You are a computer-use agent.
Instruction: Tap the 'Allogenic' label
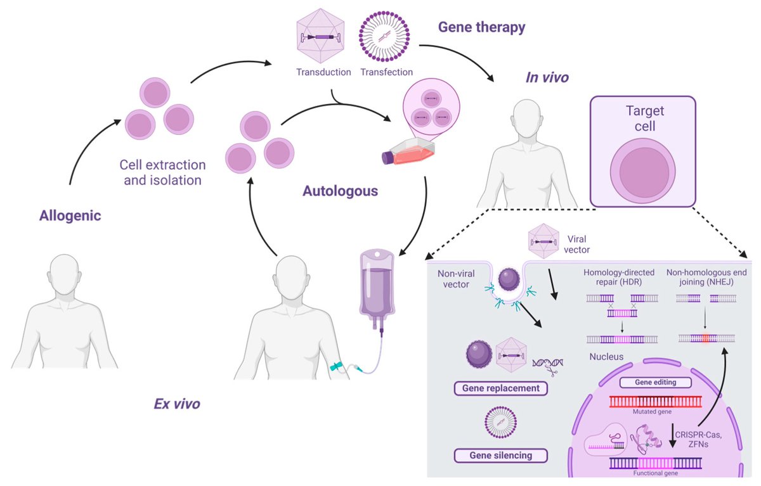(70, 216)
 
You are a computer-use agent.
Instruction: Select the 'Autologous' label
(340, 190)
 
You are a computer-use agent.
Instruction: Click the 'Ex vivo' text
(177, 403)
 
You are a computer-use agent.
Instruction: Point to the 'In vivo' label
(547, 78)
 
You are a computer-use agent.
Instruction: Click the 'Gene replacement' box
(500, 388)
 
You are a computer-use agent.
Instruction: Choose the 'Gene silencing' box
(500, 455)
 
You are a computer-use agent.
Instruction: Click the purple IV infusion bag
(377, 285)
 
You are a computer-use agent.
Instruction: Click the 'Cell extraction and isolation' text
(163, 172)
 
